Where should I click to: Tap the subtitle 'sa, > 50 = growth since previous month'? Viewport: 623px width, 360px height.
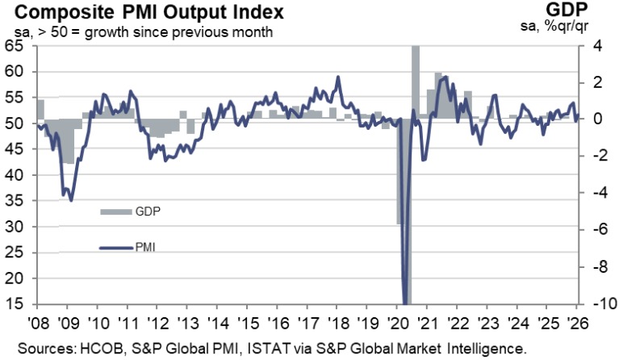click(x=137, y=32)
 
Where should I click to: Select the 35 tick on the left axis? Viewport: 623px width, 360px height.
click(x=15, y=201)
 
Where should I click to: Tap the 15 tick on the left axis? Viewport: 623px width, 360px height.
click(x=15, y=304)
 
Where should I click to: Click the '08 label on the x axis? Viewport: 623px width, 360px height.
click(x=37, y=320)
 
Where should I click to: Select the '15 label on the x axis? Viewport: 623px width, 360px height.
click(x=246, y=320)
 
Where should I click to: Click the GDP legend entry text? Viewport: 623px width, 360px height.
click(x=147, y=211)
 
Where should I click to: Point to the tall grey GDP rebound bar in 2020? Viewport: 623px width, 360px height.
click(x=416, y=81)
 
